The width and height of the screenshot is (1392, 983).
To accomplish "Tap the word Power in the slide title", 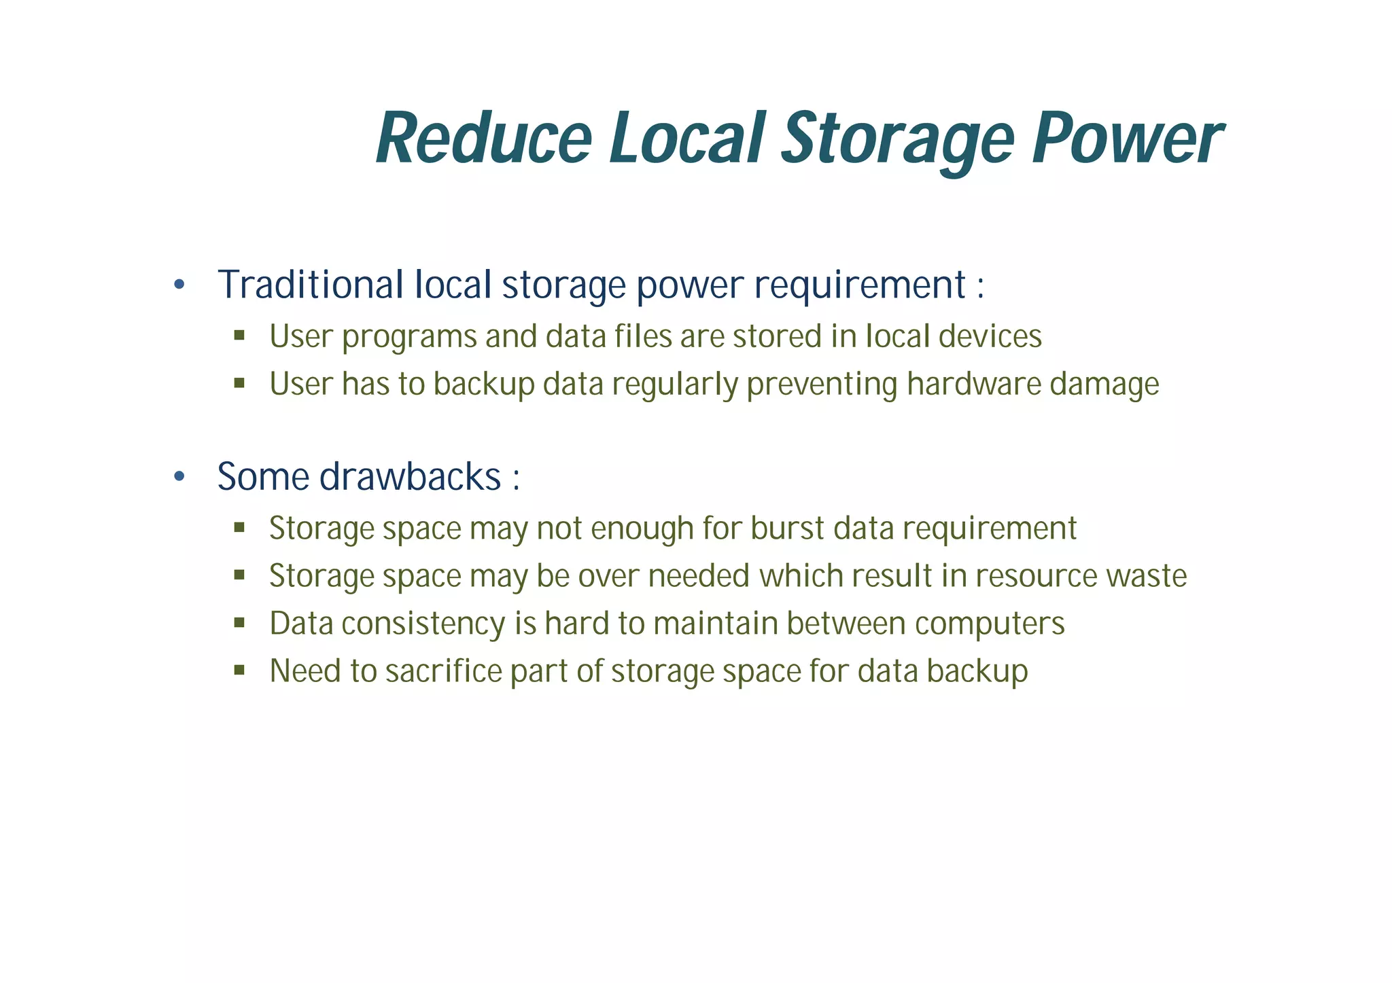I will click(1126, 139).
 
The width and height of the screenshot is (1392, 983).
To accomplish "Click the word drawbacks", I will click(410, 476).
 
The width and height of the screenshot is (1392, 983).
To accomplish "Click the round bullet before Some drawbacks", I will click(179, 477).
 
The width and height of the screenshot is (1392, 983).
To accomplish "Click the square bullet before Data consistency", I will click(239, 622).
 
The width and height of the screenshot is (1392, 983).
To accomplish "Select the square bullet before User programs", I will click(239, 335).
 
